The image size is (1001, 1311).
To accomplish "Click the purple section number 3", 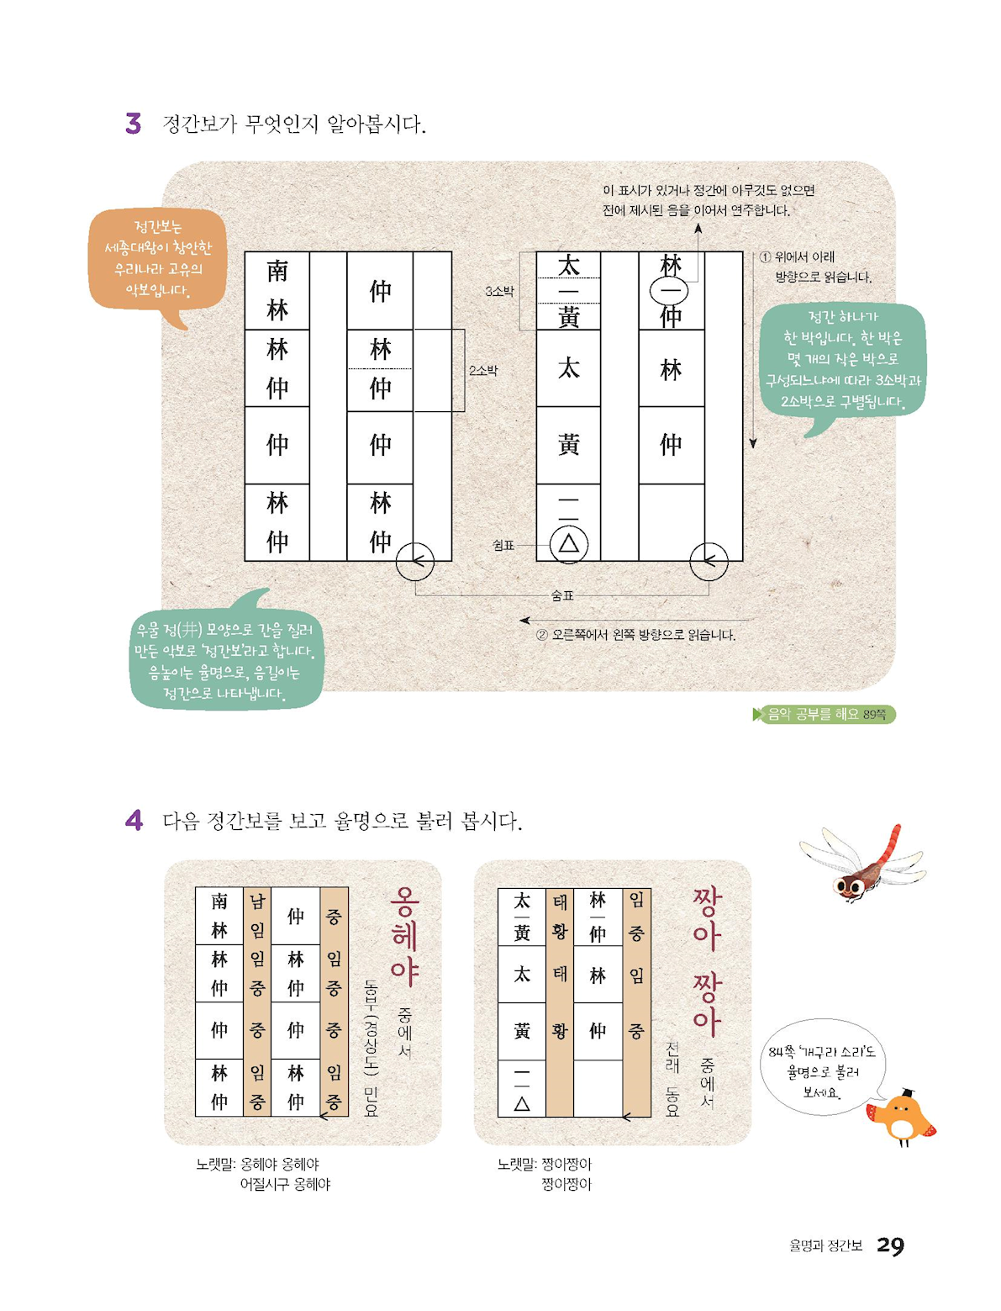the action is pos(134,124).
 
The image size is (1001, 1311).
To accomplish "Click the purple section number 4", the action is pos(134,820).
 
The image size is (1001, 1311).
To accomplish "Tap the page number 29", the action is pos(890,1246).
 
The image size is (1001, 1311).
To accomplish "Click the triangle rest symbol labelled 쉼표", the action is pos(569,544).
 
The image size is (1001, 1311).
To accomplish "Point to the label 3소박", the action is pos(499,292).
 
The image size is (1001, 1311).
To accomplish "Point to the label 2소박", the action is pos(483,370).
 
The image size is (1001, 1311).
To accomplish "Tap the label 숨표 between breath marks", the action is pos(562,595).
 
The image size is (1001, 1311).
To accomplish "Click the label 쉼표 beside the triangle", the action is pos(503,545).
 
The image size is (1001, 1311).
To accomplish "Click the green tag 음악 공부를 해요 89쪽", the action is pos(825,714).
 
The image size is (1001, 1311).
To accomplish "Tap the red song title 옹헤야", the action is pos(405,937).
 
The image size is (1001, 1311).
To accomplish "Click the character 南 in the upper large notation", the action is pos(277,271).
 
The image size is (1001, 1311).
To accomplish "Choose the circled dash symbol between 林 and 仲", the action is pos(668,292).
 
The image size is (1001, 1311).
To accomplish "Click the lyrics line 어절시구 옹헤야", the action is pos(285,1184).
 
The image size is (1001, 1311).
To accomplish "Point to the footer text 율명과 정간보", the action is pos(825,1246).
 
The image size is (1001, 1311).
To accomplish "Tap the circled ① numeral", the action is pos(765,257).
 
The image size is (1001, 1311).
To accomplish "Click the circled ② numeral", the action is pos(541,635).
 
